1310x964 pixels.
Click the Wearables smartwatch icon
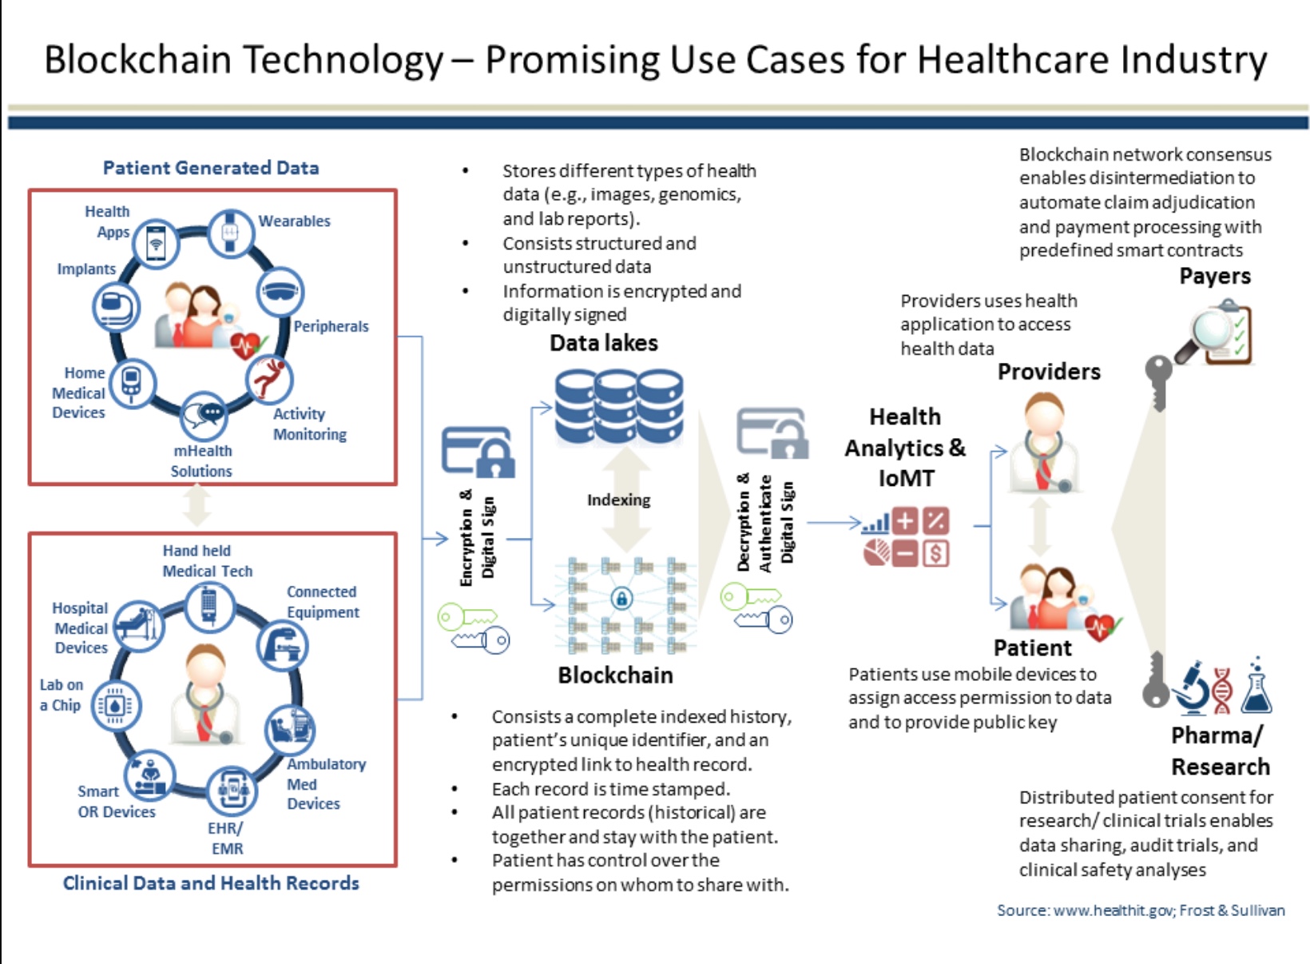230,233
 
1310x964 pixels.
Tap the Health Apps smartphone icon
156,244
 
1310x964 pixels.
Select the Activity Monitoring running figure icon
269,379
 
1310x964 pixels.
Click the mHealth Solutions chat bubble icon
204,415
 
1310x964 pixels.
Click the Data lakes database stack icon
619,406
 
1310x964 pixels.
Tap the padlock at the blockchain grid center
621,598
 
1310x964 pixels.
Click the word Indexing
619,500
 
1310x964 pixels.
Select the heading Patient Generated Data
211,168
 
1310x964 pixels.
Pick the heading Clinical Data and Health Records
211,882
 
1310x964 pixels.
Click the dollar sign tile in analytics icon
935,554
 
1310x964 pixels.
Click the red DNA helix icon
1222,691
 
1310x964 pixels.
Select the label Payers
1215,276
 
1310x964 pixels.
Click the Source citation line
1141,910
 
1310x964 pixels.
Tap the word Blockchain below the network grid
615,675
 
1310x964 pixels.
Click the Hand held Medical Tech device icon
209,606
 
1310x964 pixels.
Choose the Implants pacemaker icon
116,307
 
